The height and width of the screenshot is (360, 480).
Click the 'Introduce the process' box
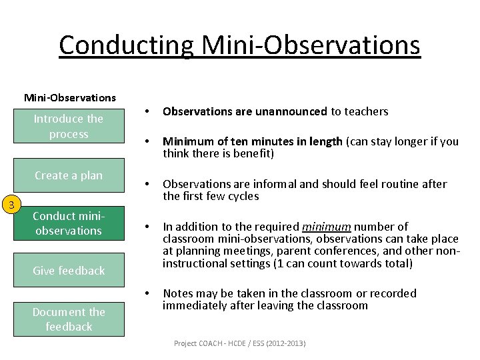(x=69, y=126)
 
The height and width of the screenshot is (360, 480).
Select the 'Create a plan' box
(x=69, y=175)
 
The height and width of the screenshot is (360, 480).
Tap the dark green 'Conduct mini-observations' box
(x=69, y=223)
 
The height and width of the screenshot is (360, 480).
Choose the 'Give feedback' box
(x=69, y=271)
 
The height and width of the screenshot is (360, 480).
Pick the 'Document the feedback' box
(x=69, y=319)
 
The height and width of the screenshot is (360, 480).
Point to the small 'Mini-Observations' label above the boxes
(x=70, y=97)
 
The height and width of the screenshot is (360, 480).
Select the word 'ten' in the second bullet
(x=239, y=141)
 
